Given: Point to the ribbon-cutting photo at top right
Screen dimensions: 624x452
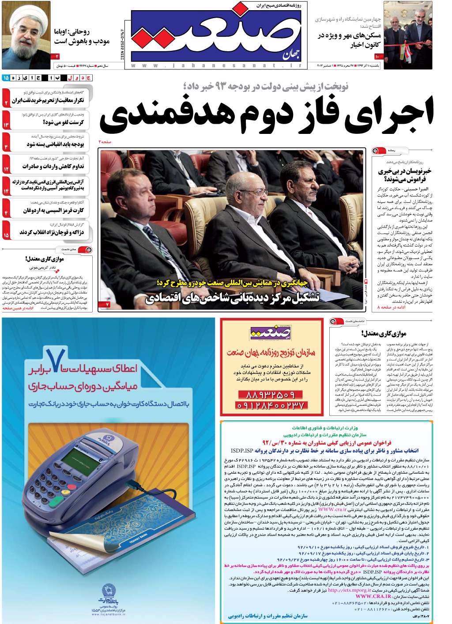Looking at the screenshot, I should coord(407,35).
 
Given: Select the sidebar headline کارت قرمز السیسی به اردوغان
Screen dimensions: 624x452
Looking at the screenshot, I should coord(53,210).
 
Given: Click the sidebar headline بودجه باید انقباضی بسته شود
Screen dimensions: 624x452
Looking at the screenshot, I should coord(55,145).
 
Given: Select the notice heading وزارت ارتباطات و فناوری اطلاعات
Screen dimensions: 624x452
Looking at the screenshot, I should coord(325,427).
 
